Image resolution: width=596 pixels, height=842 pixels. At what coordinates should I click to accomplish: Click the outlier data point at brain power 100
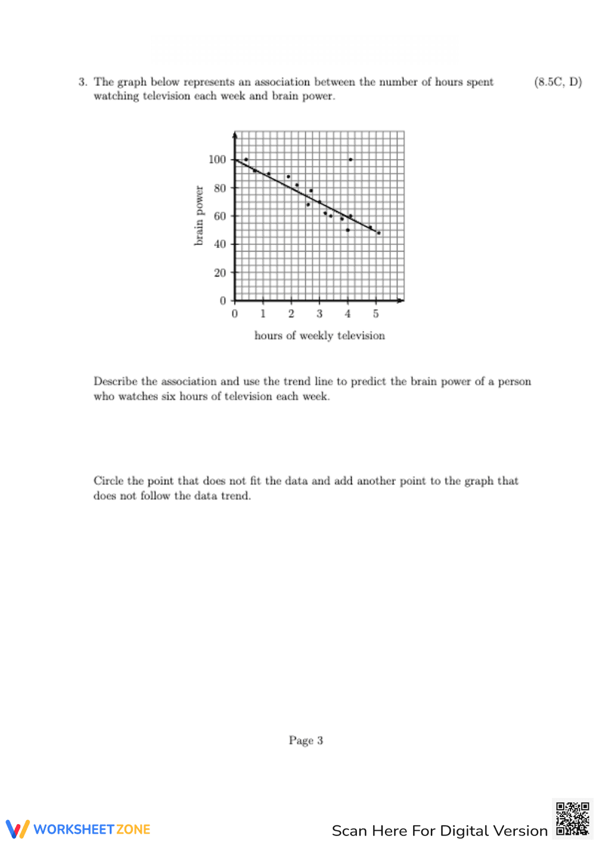click(350, 160)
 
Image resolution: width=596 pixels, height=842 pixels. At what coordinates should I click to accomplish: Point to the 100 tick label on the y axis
click(217, 160)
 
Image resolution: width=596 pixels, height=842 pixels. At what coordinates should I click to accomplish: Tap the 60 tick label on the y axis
click(220, 216)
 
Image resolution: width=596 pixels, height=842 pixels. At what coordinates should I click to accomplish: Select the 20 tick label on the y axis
click(220, 273)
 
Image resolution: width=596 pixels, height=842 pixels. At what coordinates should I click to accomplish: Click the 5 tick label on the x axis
click(375, 314)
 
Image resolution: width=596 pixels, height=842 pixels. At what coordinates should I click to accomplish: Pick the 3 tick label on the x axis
click(319, 314)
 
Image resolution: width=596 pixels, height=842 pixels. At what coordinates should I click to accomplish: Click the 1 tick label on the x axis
click(263, 314)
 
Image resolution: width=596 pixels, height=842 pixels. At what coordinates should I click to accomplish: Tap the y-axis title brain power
click(199, 216)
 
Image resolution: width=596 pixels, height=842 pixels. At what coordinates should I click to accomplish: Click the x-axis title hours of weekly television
click(319, 336)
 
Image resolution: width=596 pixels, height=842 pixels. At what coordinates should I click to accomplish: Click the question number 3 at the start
click(82, 82)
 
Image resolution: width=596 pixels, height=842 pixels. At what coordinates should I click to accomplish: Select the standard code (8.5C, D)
click(558, 82)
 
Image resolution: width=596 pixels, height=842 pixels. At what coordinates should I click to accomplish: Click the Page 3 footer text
click(306, 741)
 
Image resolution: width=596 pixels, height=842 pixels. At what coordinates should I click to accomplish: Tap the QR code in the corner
click(572, 819)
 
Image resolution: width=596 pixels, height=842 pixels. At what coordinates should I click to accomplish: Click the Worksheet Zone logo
click(78, 829)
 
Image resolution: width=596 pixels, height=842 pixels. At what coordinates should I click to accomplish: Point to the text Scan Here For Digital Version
click(439, 831)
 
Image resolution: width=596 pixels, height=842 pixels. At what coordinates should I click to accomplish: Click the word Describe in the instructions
click(116, 381)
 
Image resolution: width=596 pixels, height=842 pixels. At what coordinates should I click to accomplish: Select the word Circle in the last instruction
click(108, 481)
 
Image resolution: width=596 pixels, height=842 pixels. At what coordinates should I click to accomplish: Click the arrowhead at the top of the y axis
click(235, 135)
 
